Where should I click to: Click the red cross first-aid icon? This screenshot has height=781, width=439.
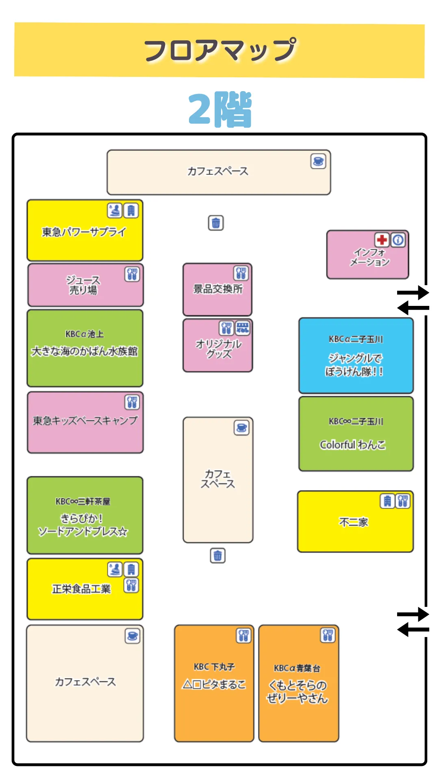point(381,240)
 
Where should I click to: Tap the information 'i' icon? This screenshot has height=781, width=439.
point(398,240)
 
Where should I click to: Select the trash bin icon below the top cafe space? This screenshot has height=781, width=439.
point(216,223)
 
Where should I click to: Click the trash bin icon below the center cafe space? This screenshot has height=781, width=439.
point(217,555)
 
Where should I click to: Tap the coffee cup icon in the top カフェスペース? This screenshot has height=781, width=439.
point(318,161)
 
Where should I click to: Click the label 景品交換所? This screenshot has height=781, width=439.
point(218,289)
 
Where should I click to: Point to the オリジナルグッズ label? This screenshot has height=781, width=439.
point(219,349)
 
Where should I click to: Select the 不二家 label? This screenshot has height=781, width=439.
point(353,522)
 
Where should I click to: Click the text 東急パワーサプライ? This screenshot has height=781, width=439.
point(84,232)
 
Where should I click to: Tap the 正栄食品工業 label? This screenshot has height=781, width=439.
point(81,589)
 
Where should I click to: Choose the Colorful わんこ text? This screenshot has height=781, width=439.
point(352,445)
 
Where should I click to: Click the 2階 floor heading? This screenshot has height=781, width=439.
point(220,109)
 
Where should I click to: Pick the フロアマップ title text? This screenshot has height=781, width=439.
point(220,50)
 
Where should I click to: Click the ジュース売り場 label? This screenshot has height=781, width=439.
point(83,285)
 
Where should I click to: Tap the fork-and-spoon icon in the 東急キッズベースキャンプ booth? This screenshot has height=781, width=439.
point(132,402)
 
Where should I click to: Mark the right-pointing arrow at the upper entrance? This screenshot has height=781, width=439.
point(413,292)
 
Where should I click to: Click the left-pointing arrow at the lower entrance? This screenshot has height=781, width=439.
point(413,630)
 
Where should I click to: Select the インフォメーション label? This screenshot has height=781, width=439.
point(369,257)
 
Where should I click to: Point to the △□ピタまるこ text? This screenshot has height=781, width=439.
point(214,685)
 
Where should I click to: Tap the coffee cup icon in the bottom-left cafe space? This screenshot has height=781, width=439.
point(133,636)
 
